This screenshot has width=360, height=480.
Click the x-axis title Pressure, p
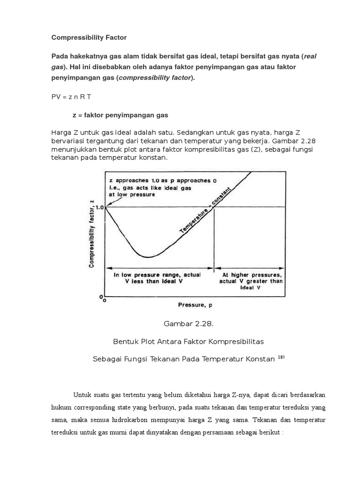[195, 305]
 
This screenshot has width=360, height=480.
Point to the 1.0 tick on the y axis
[99, 207]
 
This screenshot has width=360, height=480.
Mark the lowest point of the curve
[148, 257]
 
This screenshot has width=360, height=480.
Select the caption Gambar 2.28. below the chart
[180, 324]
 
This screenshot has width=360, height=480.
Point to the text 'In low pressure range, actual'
[157, 275]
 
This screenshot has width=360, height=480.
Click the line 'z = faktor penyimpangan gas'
[120, 115]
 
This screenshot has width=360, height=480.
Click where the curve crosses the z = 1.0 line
[214, 207]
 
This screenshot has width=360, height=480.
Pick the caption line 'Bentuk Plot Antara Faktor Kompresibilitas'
[180, 341]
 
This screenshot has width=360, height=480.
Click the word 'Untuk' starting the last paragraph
[82, 394]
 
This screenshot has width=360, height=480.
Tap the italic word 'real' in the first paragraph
[310, 56]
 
